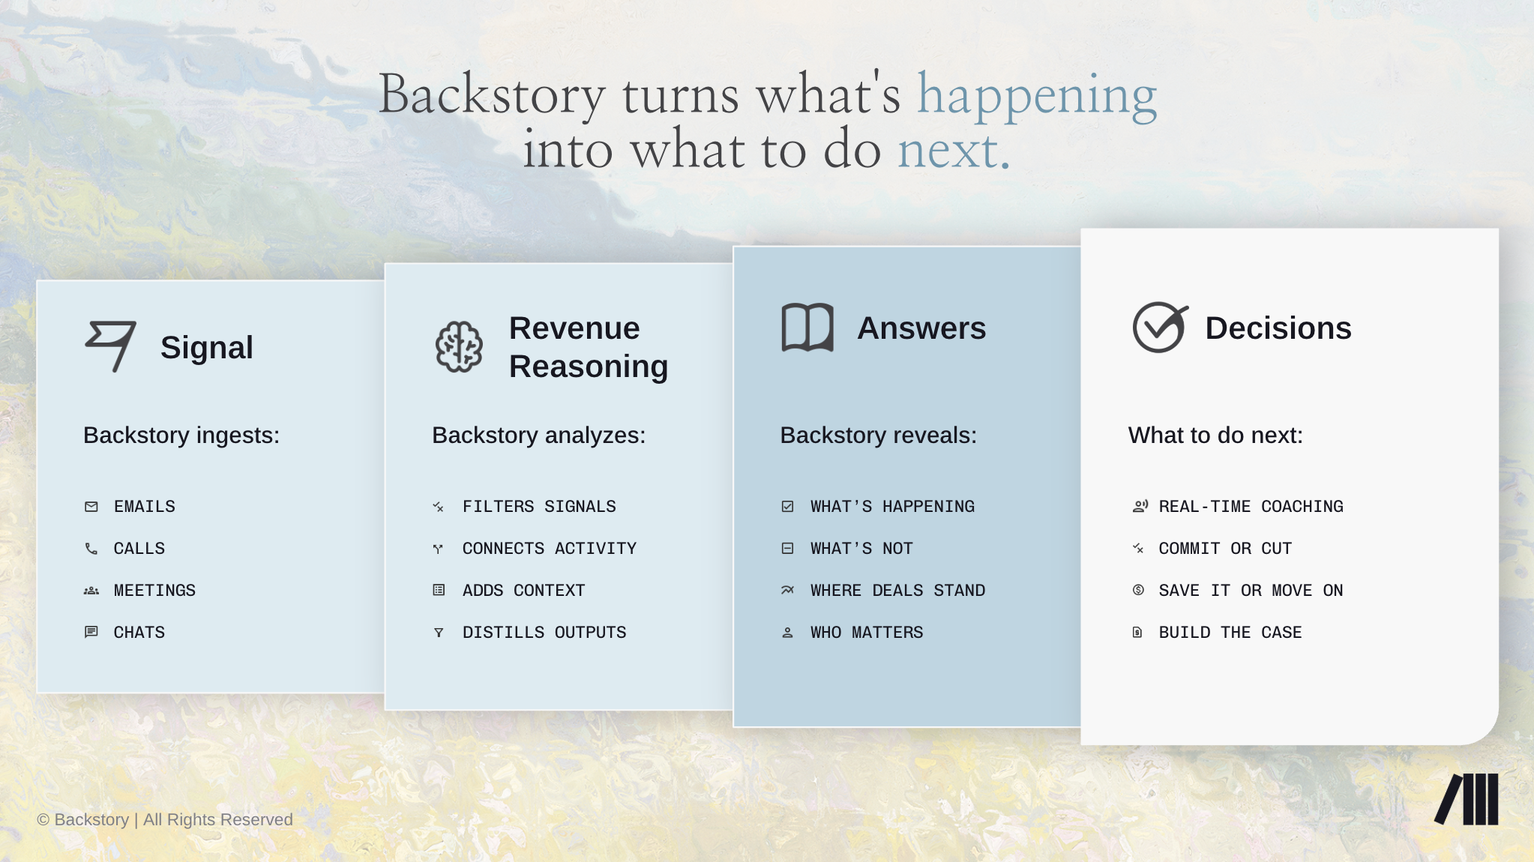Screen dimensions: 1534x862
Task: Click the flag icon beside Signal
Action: coord(110,346)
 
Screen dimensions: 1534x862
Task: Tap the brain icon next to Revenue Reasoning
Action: coord(459,346)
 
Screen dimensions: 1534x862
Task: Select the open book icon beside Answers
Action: coord(807,328)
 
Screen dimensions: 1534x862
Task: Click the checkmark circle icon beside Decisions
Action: coord(1160,327)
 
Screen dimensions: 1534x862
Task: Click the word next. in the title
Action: coord(954,150)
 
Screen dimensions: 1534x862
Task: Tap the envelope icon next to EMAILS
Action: coord(91,507)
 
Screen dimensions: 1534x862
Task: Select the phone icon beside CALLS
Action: coord(91,549)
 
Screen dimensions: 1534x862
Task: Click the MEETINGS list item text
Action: coord(154,591)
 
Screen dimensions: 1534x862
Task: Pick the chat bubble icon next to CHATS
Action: coord(91,633)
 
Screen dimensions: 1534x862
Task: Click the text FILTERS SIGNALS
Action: coord(539,507)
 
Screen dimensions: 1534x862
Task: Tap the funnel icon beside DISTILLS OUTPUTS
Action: coord(439,633)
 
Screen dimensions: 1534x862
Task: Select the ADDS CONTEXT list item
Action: coord(523,591)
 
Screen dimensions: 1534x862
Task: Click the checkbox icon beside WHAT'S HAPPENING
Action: coord(787,507)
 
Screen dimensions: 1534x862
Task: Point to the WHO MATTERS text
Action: coord(867,633)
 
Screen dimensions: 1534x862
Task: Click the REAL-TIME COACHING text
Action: coord(1251,507)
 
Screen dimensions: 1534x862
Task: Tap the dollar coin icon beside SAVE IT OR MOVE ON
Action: coord(1138,590)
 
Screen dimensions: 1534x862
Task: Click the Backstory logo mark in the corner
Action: coord(1467,799)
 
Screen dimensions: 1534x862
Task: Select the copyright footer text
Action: coord(165,820)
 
